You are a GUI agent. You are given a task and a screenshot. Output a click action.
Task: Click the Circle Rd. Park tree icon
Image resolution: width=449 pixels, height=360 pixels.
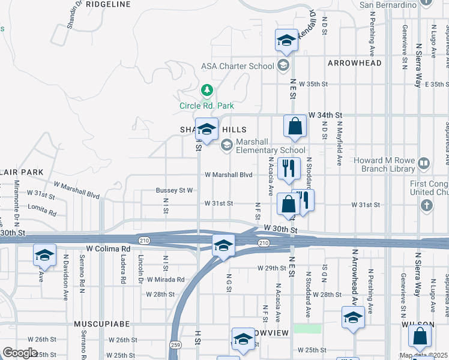click(206, 91)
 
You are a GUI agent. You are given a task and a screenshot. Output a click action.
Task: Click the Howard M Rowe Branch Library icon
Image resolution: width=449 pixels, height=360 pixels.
click(424, 163)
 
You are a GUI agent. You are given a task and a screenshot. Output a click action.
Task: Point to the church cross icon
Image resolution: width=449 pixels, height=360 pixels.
click(426, 206)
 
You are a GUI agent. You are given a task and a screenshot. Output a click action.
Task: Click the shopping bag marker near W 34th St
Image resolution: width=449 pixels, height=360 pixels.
click(295, 127)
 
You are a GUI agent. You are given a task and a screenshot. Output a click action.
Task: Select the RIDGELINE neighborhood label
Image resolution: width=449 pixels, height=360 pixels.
click(109, 4)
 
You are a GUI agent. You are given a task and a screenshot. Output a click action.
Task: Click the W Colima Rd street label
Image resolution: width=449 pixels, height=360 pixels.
click(109, 248)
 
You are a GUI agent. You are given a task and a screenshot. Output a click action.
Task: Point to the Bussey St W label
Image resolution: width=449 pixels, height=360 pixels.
click(174, 190)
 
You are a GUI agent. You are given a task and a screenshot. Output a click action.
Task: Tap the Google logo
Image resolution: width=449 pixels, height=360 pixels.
click(20, 352)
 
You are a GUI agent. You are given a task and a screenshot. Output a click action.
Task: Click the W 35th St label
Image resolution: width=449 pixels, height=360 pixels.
click(315, 83)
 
